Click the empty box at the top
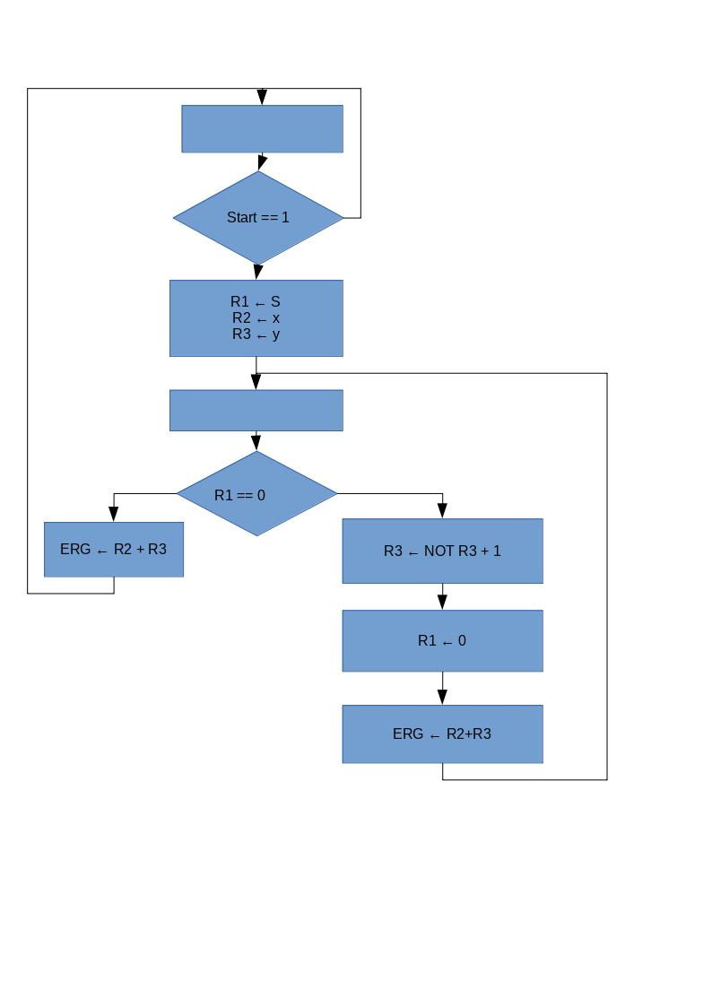262,128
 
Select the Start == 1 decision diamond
258,217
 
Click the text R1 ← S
256,301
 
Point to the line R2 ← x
256,317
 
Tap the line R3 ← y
256,334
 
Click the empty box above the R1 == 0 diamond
256,410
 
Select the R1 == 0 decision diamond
256,494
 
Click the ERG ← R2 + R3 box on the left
113,549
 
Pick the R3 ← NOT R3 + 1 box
442,551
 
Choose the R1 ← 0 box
442,640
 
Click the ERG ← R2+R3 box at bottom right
442,734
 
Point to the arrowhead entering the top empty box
262,97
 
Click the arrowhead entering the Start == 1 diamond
262,162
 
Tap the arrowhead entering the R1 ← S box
258,272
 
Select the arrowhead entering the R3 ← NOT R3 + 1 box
442,510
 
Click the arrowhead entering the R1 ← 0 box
442,602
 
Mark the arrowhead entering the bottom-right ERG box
442,697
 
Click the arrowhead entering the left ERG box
113,514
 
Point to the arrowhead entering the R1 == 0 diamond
256,442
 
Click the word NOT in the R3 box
438,551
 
